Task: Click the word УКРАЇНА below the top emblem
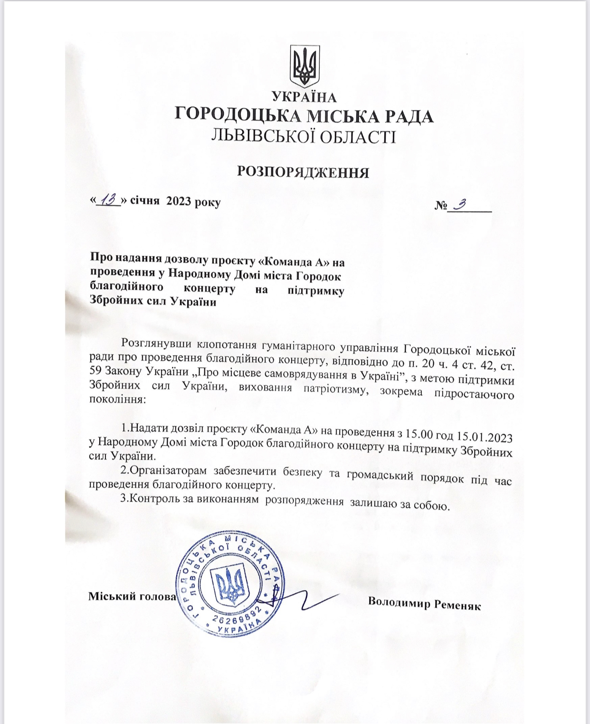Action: [305, 97]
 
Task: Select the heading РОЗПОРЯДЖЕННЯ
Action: [303, 172]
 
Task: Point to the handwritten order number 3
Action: [459, 204]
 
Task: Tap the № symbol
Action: [441, 206]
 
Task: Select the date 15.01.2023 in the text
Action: [484, 436]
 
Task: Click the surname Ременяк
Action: [457, 605]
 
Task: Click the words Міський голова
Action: [132, 596]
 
